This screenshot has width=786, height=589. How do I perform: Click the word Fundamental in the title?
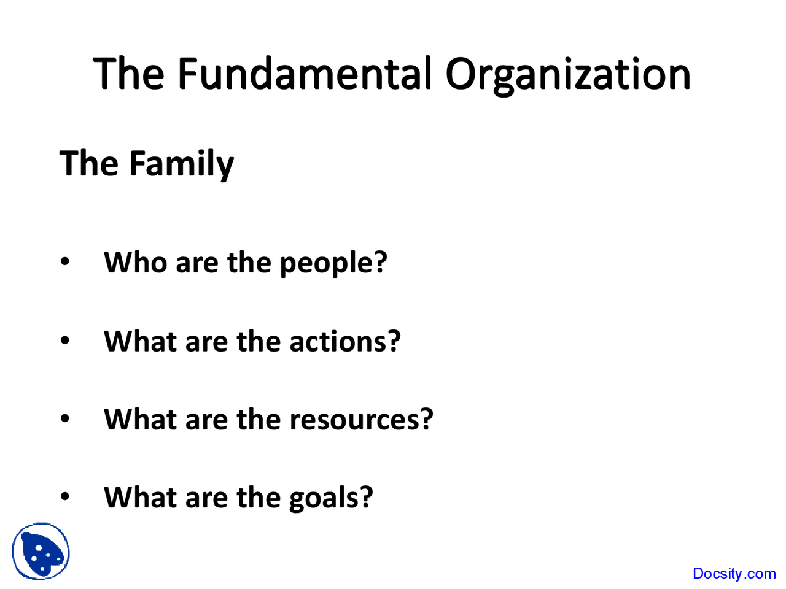pyautogui.click(x=305, y=74)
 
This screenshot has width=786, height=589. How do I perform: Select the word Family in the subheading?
pyautogui.click(x=182, y=164)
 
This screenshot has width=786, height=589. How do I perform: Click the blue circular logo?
pyautogui.click(x=41, y=551)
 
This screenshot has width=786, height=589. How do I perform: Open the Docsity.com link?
pyautogui.click(x=734, y=574)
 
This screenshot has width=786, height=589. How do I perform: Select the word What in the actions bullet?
pyautogui.click(x=140, y=341)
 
